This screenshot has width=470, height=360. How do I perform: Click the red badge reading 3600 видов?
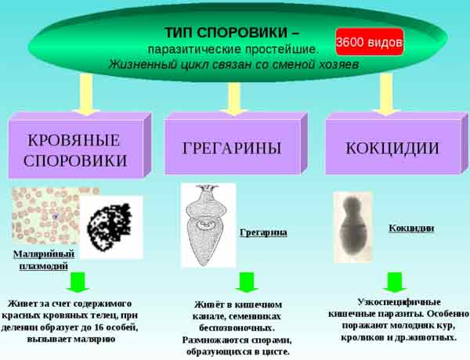click(370, 42)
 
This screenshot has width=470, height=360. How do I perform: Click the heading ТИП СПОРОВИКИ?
click(226, 32)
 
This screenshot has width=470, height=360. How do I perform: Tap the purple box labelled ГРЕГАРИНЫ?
click(236, 144)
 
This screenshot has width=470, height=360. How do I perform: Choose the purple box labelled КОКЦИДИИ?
click(396, 144)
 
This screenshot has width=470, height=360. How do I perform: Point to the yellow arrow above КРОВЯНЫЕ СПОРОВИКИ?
click(87, 95)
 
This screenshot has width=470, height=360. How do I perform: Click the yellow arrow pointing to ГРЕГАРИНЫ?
click(233, 99)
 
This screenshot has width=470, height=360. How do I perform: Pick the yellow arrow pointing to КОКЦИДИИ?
click(387, 95)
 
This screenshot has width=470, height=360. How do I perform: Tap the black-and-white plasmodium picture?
click(111, 227)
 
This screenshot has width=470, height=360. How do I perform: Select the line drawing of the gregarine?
click(208, 225)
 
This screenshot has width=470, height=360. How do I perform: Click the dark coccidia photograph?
click(353, 228)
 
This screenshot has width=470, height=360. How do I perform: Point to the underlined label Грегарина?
click(263, 232)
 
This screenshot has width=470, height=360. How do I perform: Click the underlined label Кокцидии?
click(411, 229)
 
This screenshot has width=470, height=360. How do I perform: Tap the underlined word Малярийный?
click(44, 254)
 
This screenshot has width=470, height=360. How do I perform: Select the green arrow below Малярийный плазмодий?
click(78, 283)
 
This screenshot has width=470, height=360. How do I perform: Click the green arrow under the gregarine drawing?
click(247, 283)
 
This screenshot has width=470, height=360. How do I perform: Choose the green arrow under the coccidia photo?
click(395, 283)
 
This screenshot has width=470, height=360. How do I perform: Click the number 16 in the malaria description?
click(99, 327)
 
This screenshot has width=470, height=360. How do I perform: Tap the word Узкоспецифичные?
click(399, 302)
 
